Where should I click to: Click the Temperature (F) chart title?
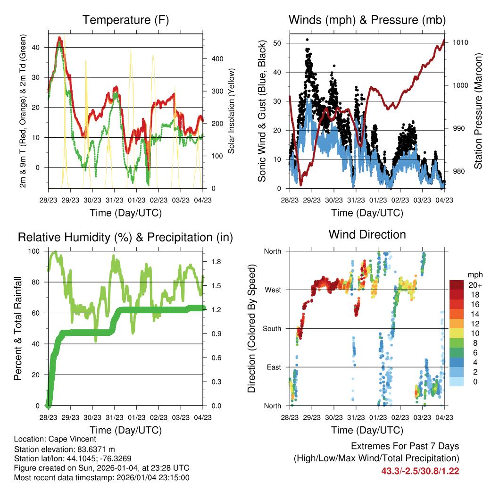click(125, 20)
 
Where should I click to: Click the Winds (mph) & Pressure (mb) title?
click(367, 20)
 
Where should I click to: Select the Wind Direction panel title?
click(367, 234)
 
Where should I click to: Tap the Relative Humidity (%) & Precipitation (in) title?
click(125, 237)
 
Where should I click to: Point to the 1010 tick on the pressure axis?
click(460, 42)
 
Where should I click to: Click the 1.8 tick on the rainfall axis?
click(213, 262)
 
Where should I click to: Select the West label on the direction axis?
click(273, 290)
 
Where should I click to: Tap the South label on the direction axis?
click(272, 329)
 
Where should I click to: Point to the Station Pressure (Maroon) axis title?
click(477, 105)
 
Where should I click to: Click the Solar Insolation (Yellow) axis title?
click(232, 111)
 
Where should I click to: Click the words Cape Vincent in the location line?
click(76, 439)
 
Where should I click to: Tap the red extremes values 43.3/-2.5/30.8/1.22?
click(420, 471)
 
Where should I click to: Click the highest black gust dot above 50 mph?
click(307, 40)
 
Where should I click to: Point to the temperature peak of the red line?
click(59, 37)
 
